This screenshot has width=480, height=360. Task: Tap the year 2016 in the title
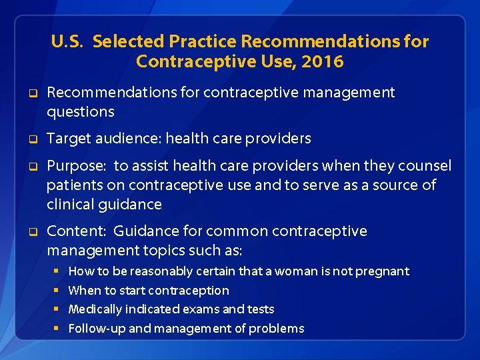[323, 62]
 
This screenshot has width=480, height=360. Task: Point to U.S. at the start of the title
[67, 41]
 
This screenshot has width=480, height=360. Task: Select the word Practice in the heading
[203, 41]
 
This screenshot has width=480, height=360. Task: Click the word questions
[81, 111]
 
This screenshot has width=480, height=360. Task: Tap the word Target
[69, 138]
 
